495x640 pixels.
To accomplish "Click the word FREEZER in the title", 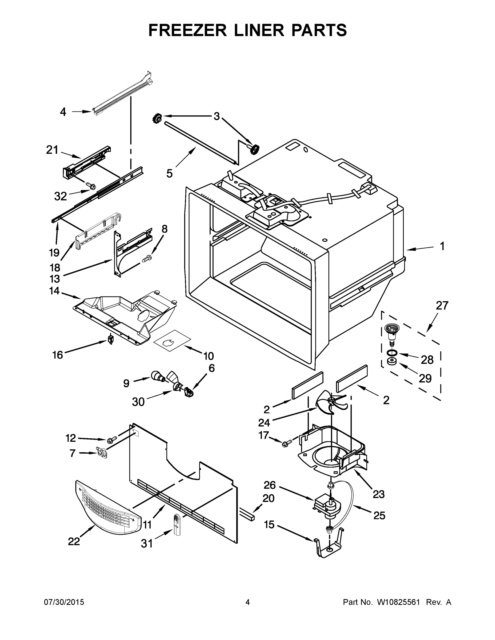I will pos(187,30).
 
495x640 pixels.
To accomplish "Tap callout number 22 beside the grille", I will pos(74,541).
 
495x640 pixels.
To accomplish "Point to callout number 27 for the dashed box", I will pos(442,306).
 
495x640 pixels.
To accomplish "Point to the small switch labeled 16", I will pos(110,340).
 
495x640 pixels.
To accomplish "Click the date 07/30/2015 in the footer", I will pos(64,602).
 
